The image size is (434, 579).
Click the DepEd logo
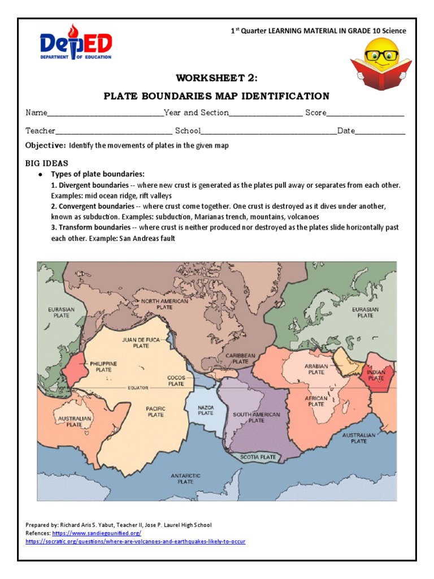coord(76,42)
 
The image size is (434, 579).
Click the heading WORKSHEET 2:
coord(217,77)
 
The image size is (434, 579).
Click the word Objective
coord(45,145)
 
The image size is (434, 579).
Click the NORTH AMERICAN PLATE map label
coord(164,305)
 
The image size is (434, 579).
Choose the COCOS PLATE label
coord(176,381)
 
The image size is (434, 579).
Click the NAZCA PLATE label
coord(205,410)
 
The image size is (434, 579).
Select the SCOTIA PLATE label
coord(258,457)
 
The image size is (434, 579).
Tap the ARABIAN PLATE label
coord(316,369)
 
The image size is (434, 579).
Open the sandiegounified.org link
coord(97,533)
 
